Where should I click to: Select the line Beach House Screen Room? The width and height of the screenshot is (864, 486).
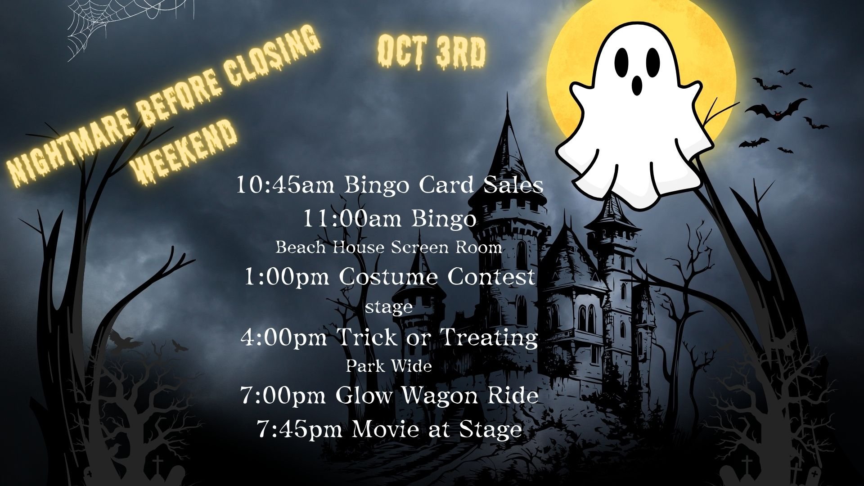coord(389,247)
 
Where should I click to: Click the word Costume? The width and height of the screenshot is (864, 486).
coord(390,278)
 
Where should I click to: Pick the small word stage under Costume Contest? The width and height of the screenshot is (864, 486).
coord(389,308)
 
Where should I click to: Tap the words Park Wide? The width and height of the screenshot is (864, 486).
coord(389,366)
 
